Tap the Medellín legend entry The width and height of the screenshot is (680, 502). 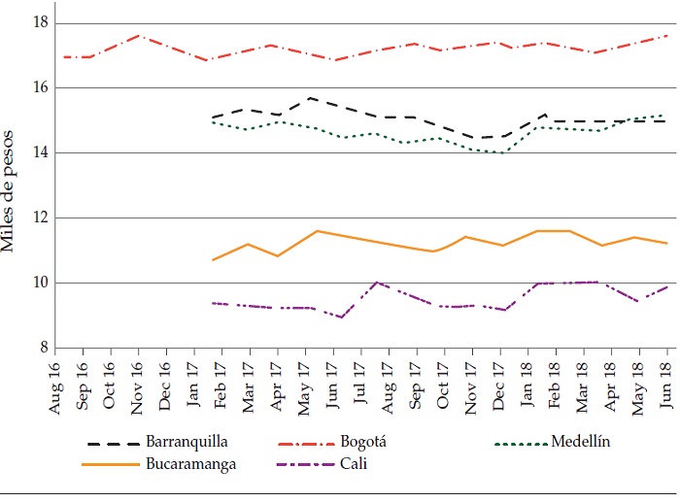click(582, 443)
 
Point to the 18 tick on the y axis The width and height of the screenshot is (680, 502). click(40, 22)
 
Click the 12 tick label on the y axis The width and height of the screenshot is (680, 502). click(40, 218)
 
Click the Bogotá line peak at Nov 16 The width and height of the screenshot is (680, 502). click(138, 35)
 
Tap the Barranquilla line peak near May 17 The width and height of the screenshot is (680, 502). click(309, 98)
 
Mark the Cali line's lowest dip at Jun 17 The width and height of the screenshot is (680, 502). click(342, 318)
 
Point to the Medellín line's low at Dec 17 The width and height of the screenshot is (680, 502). click(502, 152)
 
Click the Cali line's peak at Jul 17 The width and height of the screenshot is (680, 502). click(377, 282)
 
